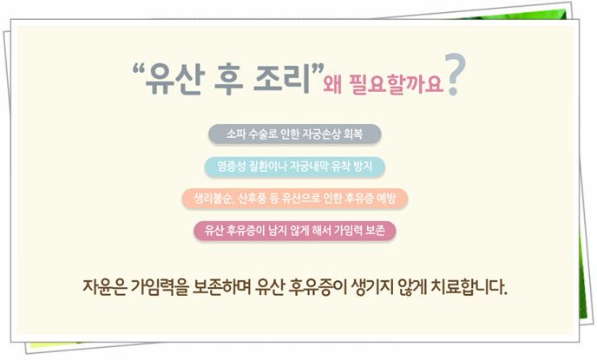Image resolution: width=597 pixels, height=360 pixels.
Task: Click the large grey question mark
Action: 456,75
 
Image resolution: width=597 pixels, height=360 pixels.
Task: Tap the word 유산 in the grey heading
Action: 174,78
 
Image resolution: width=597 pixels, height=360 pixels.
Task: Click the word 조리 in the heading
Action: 281,78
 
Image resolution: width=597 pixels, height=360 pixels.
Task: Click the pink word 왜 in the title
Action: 332,83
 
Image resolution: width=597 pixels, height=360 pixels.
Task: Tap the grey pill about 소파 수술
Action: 295,134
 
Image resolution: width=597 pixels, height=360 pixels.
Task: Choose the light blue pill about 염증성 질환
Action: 295,167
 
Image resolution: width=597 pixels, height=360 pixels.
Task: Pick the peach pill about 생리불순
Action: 295,199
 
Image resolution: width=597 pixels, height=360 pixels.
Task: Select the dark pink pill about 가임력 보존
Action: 295,231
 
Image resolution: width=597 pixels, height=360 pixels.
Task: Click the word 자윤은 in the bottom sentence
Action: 104,287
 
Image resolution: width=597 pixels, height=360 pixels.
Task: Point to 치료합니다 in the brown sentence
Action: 469,287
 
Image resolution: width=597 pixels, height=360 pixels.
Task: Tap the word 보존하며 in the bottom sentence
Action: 220,287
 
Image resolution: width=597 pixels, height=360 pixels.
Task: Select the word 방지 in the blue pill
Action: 363,167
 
